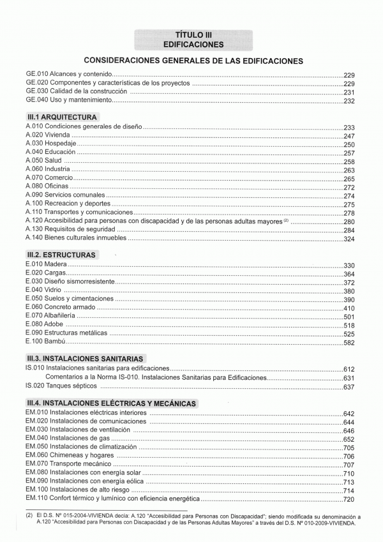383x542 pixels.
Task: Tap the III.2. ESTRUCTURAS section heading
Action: tap(61, 255)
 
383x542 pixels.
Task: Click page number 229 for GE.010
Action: tap(349, 75)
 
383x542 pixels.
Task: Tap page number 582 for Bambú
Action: tap(349, 343)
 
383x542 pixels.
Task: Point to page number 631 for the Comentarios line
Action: tap(349, 378)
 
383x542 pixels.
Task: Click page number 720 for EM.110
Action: tap(349, 499)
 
